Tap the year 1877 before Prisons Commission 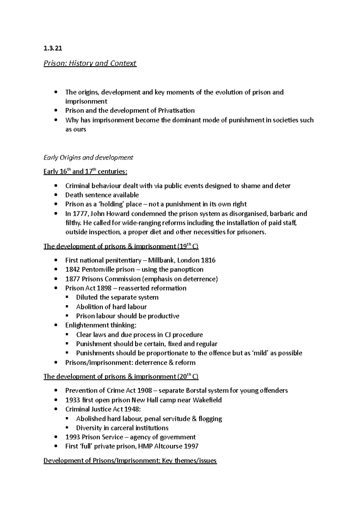[72, 279]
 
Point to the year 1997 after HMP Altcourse [191, 446]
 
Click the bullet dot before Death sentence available [56, 195]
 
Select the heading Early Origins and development [88, 158]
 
